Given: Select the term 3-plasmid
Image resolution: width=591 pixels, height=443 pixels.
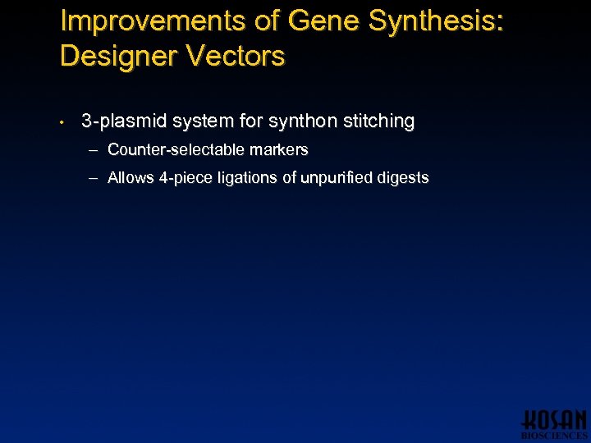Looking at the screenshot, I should pyautogui.click(x=122, y=122).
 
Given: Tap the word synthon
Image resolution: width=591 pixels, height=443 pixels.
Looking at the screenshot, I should pyautogui.click(x=304, y=122).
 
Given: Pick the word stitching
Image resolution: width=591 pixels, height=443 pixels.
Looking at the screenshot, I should pyautogui.click(x=378, y=122).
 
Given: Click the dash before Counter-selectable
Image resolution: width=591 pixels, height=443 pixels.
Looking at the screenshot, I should pyautogui.click(x=94, y=150).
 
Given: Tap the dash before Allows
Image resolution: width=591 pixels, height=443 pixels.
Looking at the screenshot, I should pyautogui.click(x=94, y=178).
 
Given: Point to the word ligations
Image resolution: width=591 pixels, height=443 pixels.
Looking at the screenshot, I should pyautogui.click(x=245, y=178).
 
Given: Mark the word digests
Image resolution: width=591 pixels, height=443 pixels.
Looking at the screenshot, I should pyautogui.click(x=403, y=178).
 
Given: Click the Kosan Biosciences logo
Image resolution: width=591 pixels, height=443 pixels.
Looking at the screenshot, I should pyautogui.click(x=555, y=424).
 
